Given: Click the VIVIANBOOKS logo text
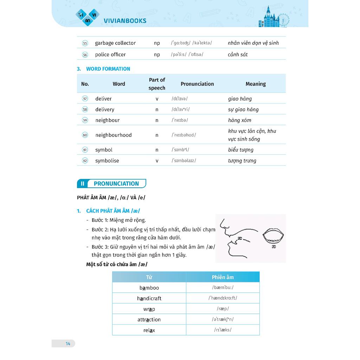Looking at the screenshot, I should tap(125, 21).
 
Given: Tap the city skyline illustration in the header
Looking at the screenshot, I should tap(273, 18).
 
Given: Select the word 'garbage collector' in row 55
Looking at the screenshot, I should tap(115, 43).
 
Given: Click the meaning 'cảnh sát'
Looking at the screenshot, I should tap(238, 54).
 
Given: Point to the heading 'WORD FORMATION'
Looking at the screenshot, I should tap(108, 69).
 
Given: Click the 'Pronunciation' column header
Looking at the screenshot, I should tap(197, 84).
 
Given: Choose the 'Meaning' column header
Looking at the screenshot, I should tap(256, 84).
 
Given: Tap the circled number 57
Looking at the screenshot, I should tap(85, 99).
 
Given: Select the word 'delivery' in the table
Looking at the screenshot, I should tap(105, 109).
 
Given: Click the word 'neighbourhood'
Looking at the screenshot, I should tap(113, 135).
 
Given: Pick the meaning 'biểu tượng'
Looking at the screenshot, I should tap(240, 150).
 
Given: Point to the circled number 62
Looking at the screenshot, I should tap(85, 161).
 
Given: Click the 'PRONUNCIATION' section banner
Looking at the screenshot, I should tap(111, 184).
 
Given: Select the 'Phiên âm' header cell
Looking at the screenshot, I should tap(223, 277).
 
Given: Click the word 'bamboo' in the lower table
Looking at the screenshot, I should tap(149, 288).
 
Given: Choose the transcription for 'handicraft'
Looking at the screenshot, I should tap(223, 298).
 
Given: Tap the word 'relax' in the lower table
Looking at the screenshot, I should tap(149, 330).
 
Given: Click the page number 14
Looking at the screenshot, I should tap(68, 343).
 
